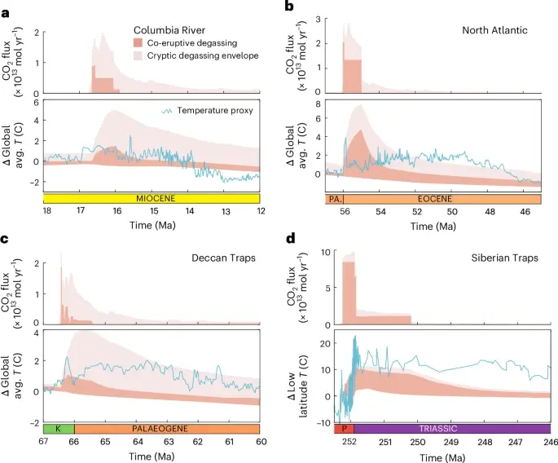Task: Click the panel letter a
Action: pyautogui.click(x=7, y=7)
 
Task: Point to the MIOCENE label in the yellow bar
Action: pyautogui.click(x=152, y=197)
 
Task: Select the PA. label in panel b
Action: pyautogui.click(x=334, y=198)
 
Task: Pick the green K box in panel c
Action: pyautogui.click(x=59, y=428)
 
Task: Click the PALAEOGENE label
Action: pyautogui.click(x=166, y=428)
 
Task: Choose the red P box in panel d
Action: pyautogui.click(x=344, y=428)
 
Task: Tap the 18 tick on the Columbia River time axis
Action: pyautogui.click(x=47, y=211)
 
